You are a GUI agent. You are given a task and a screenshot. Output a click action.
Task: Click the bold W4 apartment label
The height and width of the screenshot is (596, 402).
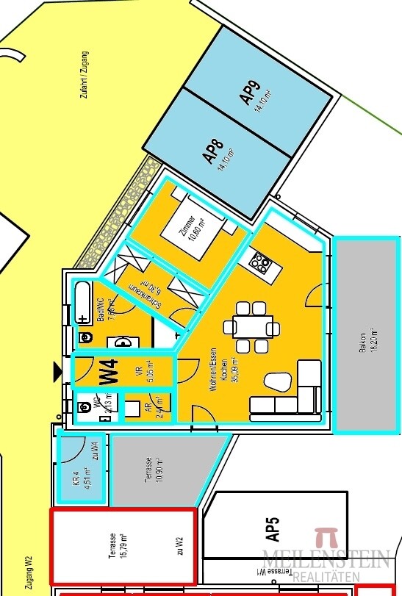109,371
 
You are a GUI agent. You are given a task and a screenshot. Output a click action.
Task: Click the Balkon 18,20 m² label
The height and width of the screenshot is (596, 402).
365,339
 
